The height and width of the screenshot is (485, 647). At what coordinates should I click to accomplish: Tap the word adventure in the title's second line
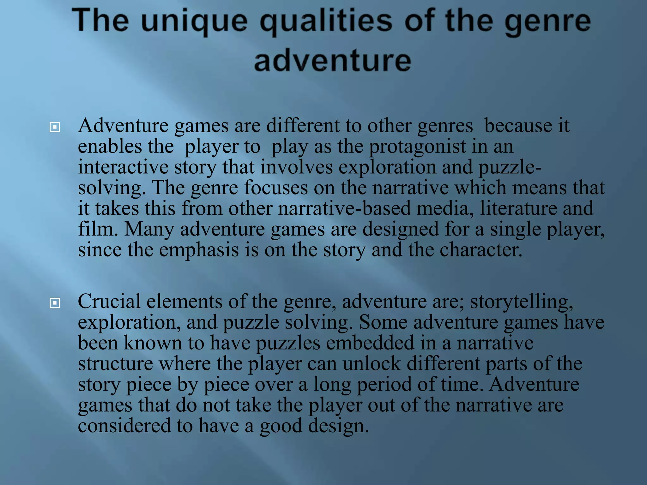tap(333, 60)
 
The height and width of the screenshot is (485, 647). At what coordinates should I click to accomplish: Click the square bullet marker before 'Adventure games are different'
tap(55, 127)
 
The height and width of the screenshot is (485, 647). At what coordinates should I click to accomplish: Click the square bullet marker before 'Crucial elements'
tap(55, 303)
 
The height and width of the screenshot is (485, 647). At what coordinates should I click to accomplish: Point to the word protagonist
tap(417, 147)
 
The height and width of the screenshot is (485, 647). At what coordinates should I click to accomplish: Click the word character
tap(481, 250)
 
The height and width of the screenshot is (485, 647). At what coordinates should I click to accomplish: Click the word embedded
tap(370, 343)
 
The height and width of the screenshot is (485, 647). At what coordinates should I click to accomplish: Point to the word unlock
tap(372, 363)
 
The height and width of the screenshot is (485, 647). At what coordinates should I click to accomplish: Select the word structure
tap(115, 363)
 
